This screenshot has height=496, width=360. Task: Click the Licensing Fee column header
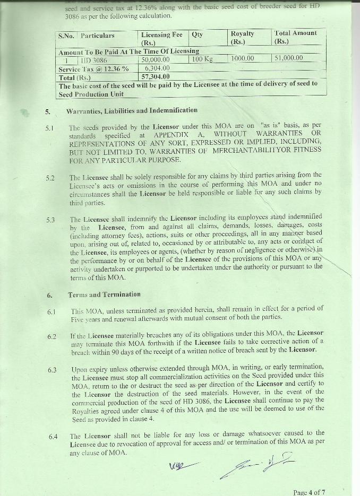pos(161,38)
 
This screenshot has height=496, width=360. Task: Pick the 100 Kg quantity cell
pos(202,59)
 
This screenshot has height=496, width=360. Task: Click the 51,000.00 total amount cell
pos(288,58)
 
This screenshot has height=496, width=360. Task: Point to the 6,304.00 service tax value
pos(157,68)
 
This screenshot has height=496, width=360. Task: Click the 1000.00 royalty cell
pos(242,58)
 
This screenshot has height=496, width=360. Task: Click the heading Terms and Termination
pos(104,294)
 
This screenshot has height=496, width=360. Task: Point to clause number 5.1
pos(51,128)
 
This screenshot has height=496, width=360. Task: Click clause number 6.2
pos(52,336)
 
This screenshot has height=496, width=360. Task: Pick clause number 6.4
pos(53,437)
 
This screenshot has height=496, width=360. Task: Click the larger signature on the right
pos(258,465)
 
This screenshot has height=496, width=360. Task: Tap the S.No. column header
pos(67,36)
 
